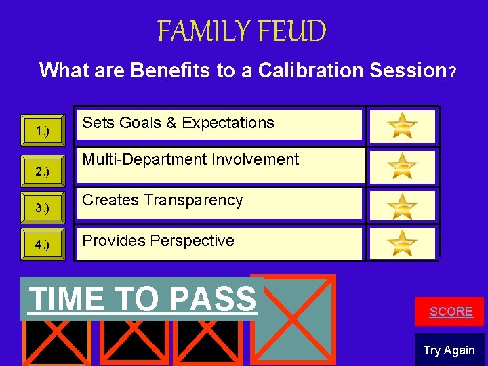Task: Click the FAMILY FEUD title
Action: [242, 31]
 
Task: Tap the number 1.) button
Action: [43, 130]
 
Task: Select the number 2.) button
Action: [43, 171]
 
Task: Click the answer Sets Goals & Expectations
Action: [178, 123]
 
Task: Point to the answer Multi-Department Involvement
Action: [190, 160]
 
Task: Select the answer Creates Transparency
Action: [163, 200]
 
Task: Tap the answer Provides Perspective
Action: [159, 241]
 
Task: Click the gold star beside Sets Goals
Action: [403, 125]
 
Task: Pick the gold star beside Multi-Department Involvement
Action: [403, 165]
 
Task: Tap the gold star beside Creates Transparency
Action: [403, 205]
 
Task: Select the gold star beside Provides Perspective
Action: [403, 243]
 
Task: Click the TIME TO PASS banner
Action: [143, 298]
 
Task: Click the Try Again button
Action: [449, 350]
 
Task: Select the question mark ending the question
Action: [451, 71]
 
